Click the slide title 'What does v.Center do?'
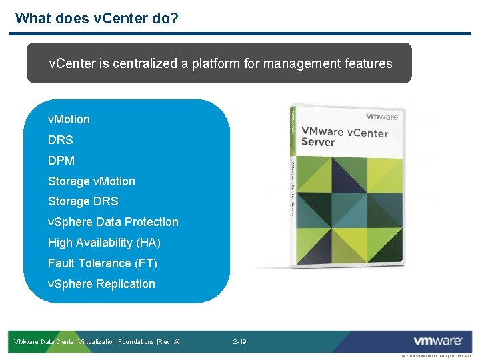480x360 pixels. pos(97,18)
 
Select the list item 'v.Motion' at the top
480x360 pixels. pos(69,119)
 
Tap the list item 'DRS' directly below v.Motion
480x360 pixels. pos(61,140)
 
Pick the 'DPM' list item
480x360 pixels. pos(61,161)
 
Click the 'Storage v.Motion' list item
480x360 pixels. pos(91,181)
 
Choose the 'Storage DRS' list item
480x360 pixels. pos(83,201)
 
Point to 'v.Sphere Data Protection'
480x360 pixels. pos(113,222)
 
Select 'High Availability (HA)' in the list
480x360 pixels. pos(104,243)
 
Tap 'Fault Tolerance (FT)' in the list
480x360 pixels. pos(103,263)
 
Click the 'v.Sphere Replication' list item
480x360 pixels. pos(101,284)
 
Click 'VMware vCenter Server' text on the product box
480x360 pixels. pos(344,137)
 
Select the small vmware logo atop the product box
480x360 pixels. pos(381,117)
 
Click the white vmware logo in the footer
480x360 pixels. pos(437,341)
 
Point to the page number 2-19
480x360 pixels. pos(239,342)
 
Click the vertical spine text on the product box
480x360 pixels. pos(293,187)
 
